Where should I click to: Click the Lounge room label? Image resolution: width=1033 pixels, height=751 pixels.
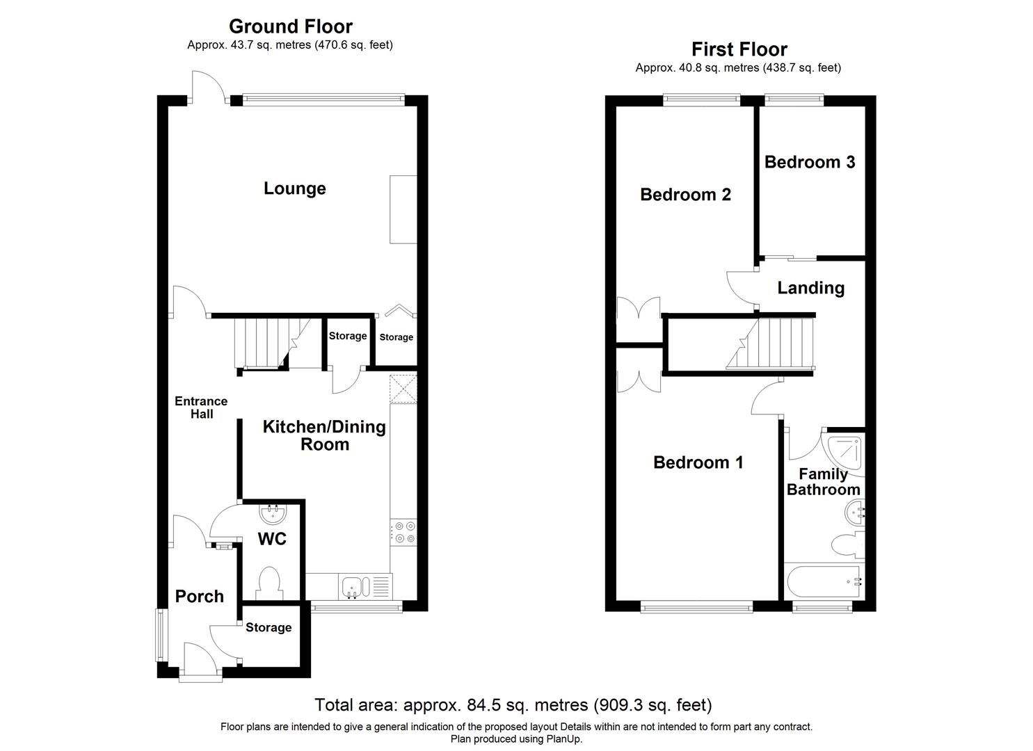coord(294,188)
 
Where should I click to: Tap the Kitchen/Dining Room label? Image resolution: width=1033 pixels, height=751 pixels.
coord(324,436)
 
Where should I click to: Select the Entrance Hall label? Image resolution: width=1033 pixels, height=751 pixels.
coord(201,407)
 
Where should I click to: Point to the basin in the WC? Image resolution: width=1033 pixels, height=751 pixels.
coord(273,515)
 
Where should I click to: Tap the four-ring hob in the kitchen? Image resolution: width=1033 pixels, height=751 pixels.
coord(403,532)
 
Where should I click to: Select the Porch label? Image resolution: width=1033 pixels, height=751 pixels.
coord(200,597)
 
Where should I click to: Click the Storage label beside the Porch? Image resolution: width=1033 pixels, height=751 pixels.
coord(269,628)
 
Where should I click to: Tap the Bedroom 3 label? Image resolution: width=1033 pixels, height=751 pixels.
coord(810,162)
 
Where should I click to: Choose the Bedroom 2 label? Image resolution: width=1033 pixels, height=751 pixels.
coord(685,195)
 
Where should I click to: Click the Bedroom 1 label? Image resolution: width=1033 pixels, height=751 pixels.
coord(698,462)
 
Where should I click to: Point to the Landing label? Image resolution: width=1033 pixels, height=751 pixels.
coord(810,288)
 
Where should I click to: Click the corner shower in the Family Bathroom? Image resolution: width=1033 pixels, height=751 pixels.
coord(844,452)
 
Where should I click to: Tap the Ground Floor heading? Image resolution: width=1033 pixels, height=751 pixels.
coord(291,26)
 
